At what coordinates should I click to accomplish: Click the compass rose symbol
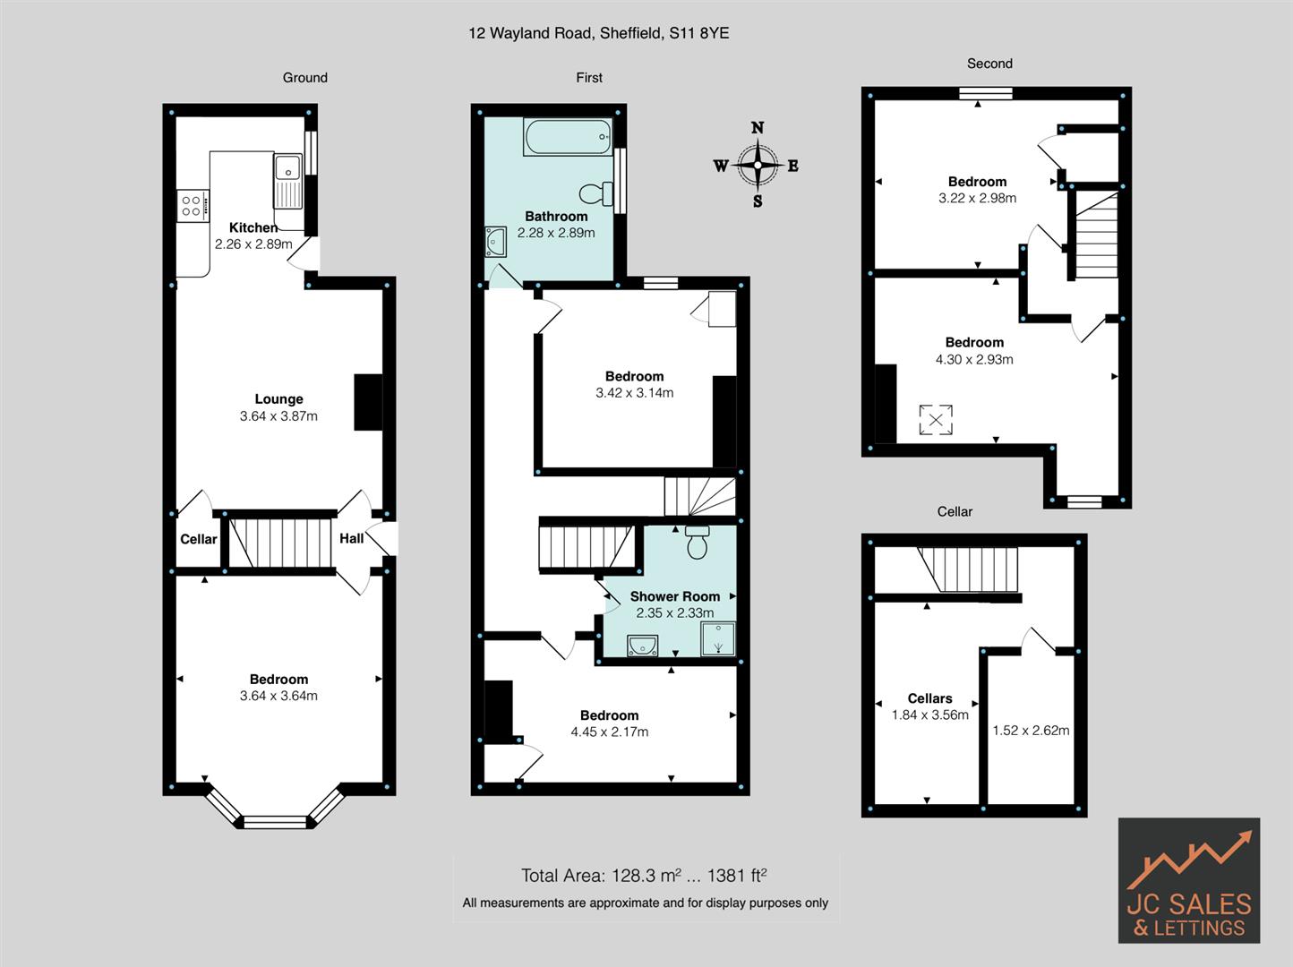758,165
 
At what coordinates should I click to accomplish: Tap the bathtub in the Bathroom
568,139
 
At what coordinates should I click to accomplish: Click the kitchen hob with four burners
193,206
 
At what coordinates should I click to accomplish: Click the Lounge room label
278,399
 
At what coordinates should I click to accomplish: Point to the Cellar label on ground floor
198,539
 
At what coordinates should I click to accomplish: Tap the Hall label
351,538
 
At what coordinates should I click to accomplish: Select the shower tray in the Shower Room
717,639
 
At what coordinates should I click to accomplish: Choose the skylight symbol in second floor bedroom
936,420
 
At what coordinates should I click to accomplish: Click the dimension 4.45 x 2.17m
609,732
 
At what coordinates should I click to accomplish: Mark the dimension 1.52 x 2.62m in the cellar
1031,730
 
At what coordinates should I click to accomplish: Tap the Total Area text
644,876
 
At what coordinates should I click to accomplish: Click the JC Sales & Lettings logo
1188,880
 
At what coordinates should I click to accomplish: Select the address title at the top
598,33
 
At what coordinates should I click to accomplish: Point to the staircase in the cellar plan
969,570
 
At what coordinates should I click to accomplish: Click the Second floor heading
989,64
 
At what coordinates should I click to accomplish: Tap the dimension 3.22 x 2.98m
977,198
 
